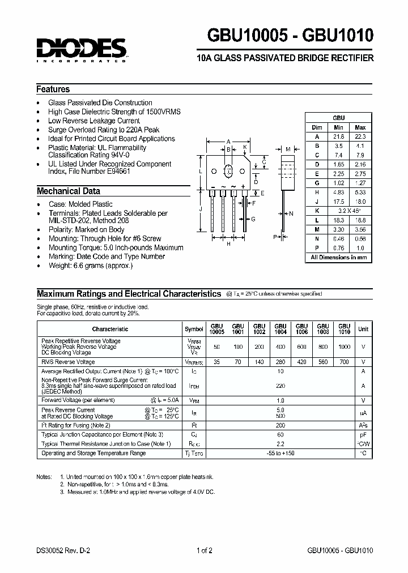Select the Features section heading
tap(53, 89)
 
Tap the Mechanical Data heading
tap(69, 191)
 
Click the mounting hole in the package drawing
tap(228, 170)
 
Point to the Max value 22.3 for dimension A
tap(360, 136)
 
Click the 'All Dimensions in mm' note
tap(338, 257)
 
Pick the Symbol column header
tap(194, 329)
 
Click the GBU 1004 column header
tap(280, 329)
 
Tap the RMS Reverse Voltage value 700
tap(344, 362)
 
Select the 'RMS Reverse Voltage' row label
tap(68, 362)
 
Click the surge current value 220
tap(280, 385)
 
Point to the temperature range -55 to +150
tap(280, 454)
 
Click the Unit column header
tap(363, 329)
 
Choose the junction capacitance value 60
tap(280, 435)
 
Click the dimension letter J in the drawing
tap(201, 209)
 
